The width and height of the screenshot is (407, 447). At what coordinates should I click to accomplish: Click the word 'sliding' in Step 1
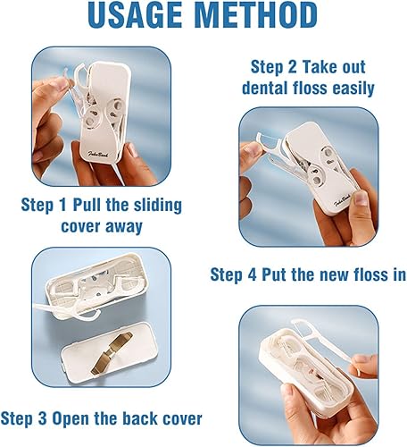151,206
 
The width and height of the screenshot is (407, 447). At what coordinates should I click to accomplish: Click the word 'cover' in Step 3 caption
178,417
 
